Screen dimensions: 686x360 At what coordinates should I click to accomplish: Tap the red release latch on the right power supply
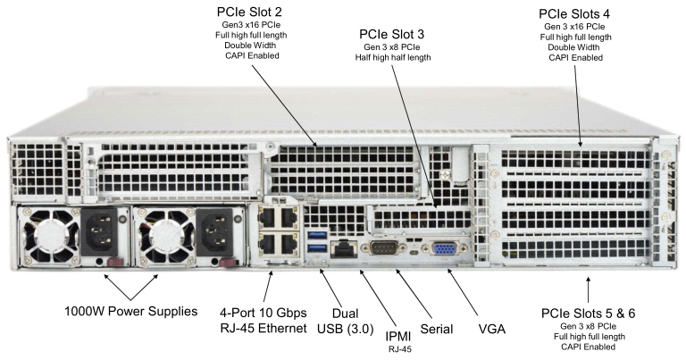point(228,262)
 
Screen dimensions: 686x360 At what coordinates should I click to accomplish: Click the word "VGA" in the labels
point(491,330)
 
